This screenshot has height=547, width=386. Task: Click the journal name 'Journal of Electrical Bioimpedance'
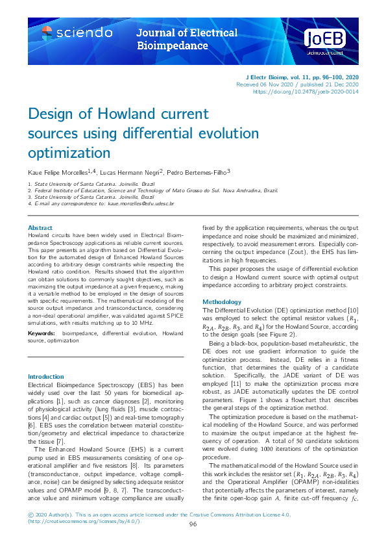click(x=187, y=39)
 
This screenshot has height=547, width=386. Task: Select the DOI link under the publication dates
click(x=306, y=92)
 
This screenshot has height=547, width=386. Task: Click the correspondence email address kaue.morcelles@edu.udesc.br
click(x=142, y=204)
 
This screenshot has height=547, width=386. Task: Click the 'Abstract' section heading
click(x=40, y=227)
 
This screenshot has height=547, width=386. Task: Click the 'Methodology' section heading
click(x=222, y=302)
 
